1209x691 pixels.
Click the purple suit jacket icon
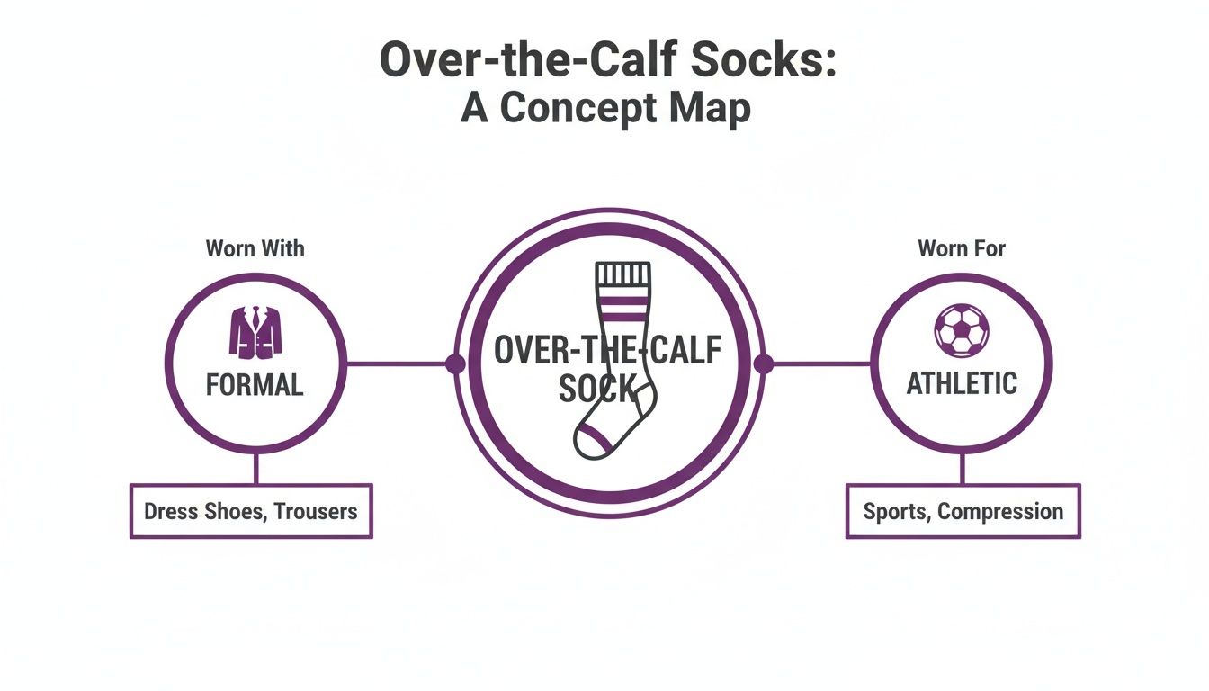[x=255, y=333]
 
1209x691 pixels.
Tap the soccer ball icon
[x=962, y=330]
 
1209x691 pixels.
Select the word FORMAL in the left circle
[x=255, y=385]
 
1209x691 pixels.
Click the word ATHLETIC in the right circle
[x=962, y=384]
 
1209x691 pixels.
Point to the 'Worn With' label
[x=255, y=248]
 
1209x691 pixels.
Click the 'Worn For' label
[x=962, y=248]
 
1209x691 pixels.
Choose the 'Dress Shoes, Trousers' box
[x=251, y=512]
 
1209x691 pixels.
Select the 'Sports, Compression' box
[x=963, y=512]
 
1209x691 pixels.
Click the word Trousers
[x=316, y=512]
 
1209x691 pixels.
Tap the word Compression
[x=1001, y=512]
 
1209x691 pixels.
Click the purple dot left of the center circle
[x=455, y=363]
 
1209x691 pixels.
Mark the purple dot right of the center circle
[x=763, y=363]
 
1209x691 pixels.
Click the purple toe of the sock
[x=593, y=442]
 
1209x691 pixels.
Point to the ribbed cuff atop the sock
[x=622, y=275]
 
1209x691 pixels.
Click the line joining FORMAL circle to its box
[x=255, y=468]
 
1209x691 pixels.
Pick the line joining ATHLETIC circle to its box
[x=962, y=468]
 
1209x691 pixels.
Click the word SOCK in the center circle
[x=597, y=389]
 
